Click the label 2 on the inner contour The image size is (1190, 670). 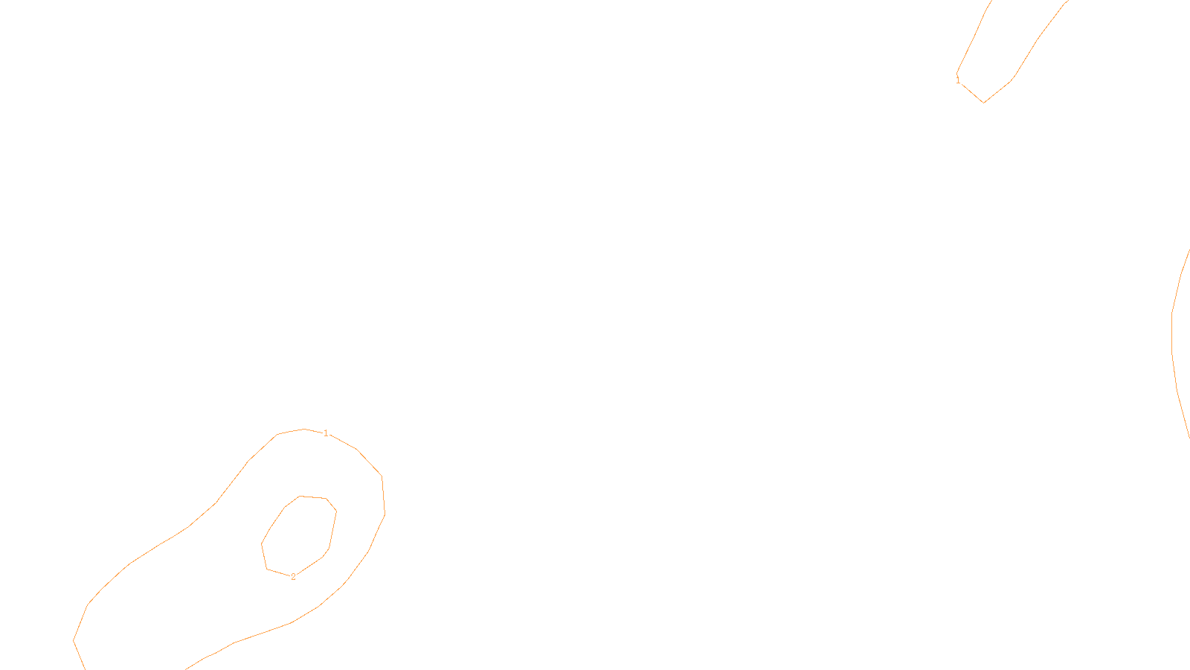coord(293,577)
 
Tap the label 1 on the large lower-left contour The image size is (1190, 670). coord(326,433)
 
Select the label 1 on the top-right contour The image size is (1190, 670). coord(958,80)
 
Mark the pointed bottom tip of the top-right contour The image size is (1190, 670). coord(984,102)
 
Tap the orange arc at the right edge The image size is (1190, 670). coord(1173,335)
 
